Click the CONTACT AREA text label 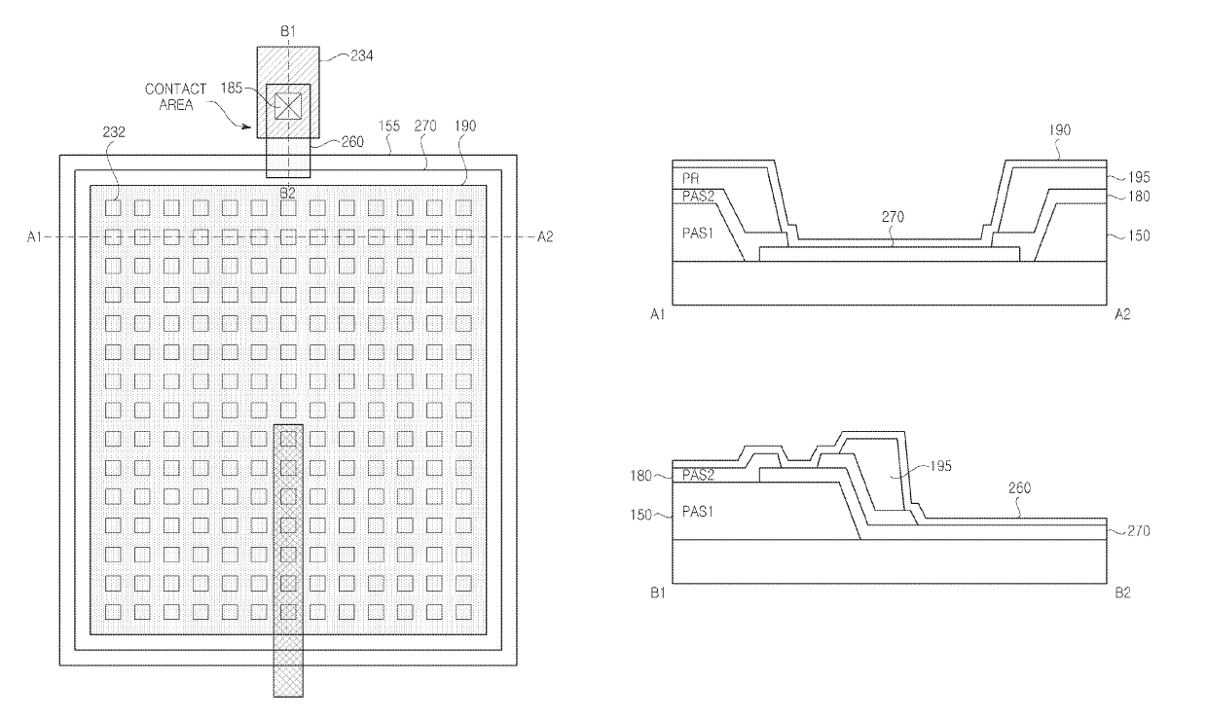(x=175, y=97)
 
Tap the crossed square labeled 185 (x=288, y=106)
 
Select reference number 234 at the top (x=361, y=55)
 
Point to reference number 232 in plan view (x=114, y=132)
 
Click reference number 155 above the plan (x=389, y=126)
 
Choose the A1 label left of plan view (x=34, y=236)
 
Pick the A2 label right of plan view (x=545, y=236)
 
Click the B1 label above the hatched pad (x=288, y=31)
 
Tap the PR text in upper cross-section (x=690, y=178)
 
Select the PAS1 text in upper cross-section (x=698, y=234)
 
